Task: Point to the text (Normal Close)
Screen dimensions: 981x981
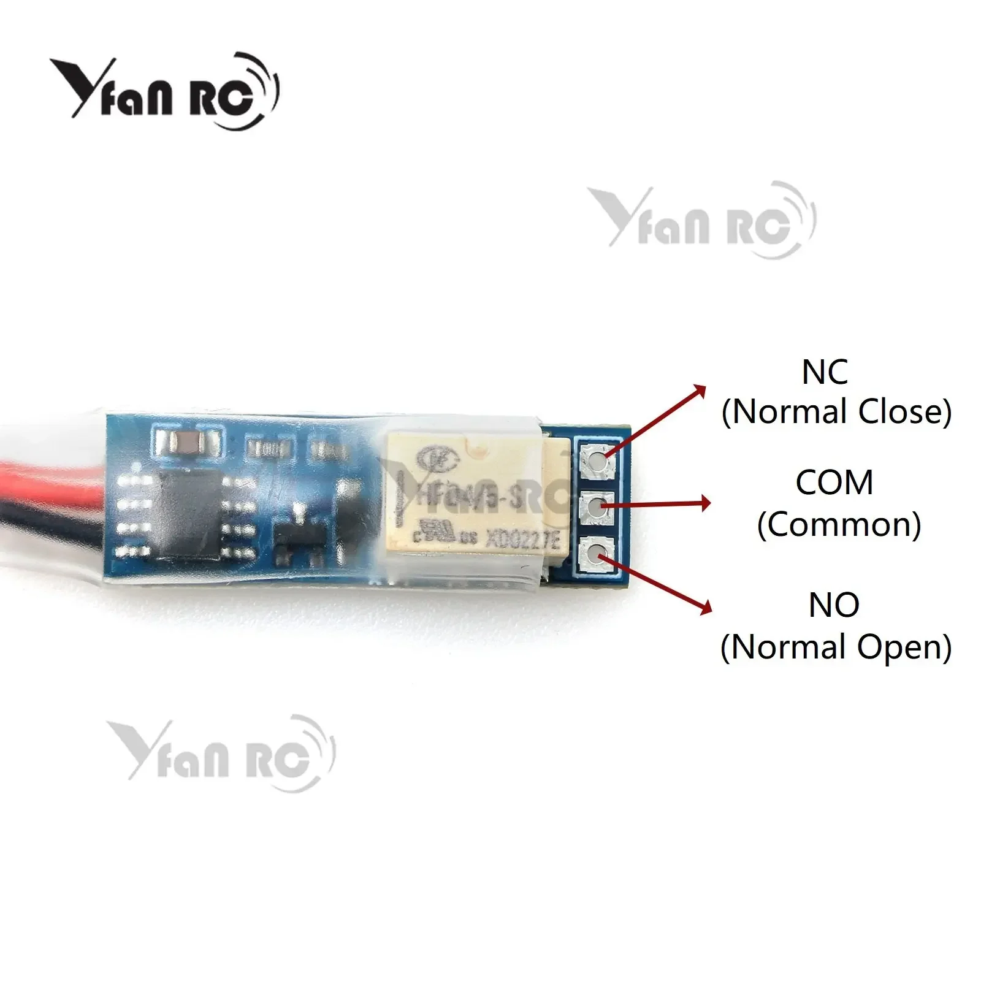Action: click(836, 411)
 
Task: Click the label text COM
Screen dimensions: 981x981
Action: click(834, 483)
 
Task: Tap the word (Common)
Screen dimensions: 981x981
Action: click(839, 524)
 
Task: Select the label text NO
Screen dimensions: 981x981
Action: click(834, 605)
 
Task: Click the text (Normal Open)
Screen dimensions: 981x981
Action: click(836, 647)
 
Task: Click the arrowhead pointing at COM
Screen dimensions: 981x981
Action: click(705, 504)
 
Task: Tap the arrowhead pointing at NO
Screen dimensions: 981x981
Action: click(705, 606)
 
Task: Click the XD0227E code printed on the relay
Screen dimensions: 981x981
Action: click(522, 540)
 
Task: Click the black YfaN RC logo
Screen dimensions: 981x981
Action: click(164, 92)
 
